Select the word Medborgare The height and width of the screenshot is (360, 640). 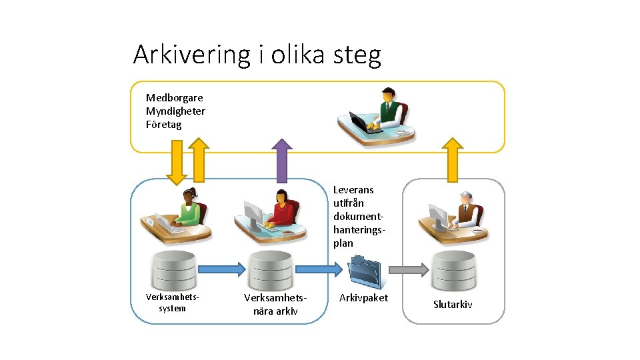(x=175, y=98)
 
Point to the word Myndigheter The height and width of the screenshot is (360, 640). (x=175, y=111)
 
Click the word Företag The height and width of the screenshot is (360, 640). (x=163, y=125)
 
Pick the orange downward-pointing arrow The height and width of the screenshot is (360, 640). (x=177, y=161)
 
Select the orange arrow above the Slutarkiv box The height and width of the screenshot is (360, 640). (x=453, y=160)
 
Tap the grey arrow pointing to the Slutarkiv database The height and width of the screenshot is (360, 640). (x=408, y=269)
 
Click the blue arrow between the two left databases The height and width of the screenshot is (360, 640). (x=222, y=269)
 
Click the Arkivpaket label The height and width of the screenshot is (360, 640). (x=363, y=298)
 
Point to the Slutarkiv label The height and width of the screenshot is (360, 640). (x=453, y=305)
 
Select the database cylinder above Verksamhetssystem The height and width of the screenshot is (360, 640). (x=173, y=271)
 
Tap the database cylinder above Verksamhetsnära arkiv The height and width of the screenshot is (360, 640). (x=270, y=271)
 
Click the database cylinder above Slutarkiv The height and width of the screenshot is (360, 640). (x=453, y=270)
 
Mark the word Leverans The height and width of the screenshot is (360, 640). (x=353, y=190)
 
